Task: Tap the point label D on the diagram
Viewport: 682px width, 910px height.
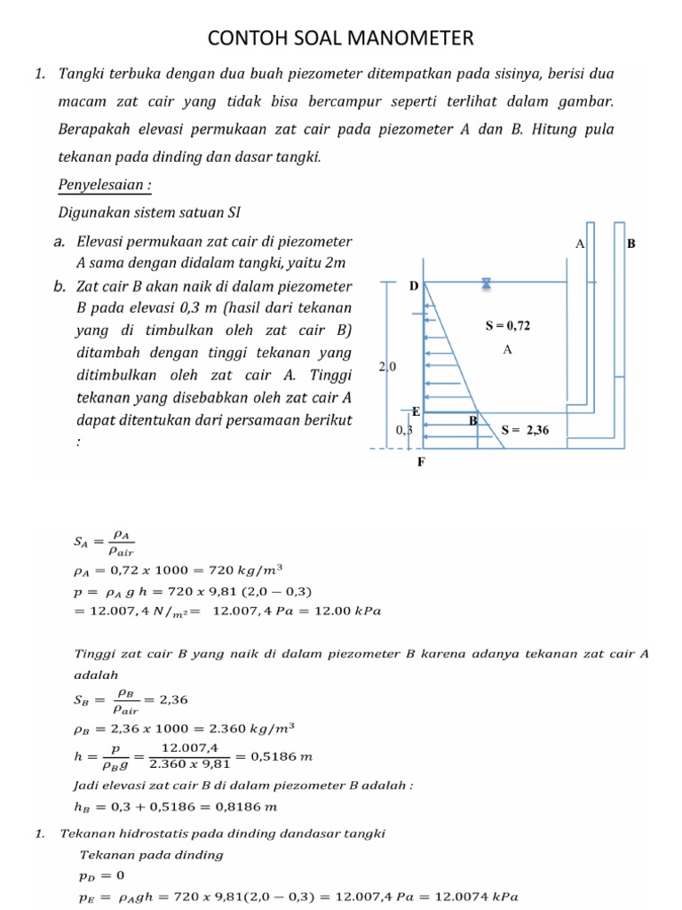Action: click(x=413, y=286)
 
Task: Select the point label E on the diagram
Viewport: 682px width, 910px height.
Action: click(x=415, y=411)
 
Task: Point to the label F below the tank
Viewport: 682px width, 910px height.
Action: click(x=421, y=462)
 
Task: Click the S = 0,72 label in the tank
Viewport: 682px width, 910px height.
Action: click(x=507, y=326)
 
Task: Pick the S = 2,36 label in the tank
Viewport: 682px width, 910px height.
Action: click(x=526, y=430)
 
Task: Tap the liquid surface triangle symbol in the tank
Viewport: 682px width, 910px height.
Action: click(x=487, y=283)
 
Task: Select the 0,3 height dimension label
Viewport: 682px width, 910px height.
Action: click(x=404, y=430)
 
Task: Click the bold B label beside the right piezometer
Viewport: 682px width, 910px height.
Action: click(x=630, y=243)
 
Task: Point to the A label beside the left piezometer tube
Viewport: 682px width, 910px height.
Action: click(x=580, y=243)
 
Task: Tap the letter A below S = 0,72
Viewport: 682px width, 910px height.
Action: click(x=508, y=350)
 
